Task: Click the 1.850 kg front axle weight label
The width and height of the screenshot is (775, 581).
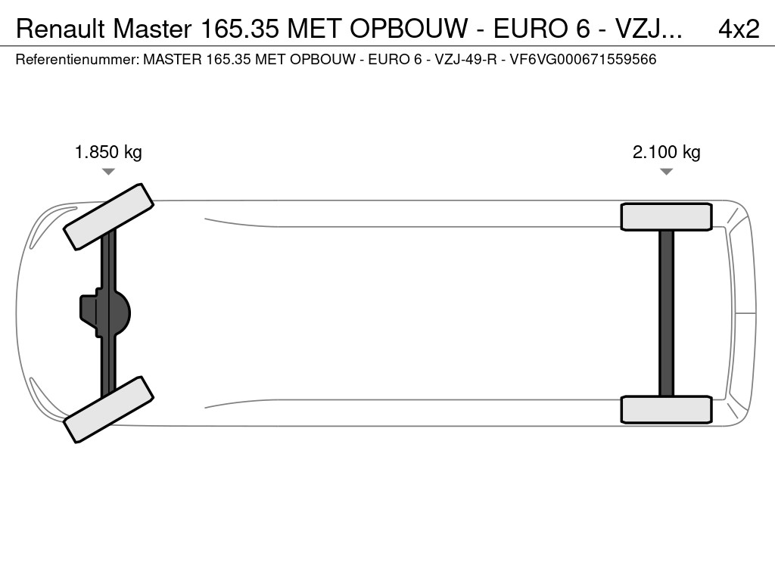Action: [108, 152]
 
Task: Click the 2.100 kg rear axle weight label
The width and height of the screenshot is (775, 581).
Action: [666, 152]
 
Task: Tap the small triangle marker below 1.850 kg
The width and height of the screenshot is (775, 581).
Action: [108, 172]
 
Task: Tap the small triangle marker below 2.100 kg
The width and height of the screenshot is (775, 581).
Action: [666, 172]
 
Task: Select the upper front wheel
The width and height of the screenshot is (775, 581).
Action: [109, 217]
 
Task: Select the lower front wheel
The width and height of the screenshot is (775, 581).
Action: [109, 409]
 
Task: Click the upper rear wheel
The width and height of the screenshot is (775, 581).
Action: [666, 217]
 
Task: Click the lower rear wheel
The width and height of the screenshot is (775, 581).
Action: [666, 409]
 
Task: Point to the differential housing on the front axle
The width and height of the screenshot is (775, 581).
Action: [105, 313]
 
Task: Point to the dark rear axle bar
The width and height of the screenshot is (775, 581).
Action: [666, 313]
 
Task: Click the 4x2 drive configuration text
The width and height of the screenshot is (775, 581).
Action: [739, 30]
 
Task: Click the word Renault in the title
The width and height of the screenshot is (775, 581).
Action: [61, 30]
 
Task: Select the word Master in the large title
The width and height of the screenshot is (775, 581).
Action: [152, 30]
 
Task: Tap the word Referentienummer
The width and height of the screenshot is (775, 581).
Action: [77, 60]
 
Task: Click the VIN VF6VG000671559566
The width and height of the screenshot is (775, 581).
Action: [583, 60]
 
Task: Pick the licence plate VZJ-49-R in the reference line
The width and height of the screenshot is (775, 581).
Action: [465, 60]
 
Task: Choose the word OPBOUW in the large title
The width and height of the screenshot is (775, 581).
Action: [409, 30]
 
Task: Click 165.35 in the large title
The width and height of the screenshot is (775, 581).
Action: [240, 30]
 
